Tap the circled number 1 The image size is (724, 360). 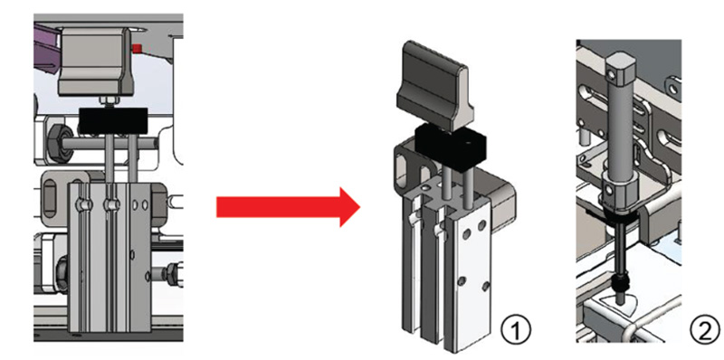pyautogui.click(x=516, y=330)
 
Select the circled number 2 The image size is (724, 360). pyautogui.click(x=705, y=330)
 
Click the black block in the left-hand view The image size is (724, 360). pyautogui.click(x=113, y=121)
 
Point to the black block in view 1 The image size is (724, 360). pyautogui.click(x=451, y=147)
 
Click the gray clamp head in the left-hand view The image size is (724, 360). pyautogui.click(x=96, y=61)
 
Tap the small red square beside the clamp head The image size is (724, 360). pyautogui.click(x=137, y=48)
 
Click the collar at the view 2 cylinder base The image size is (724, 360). pyautogui.click(x=620, y=193)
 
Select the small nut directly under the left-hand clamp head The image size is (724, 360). pyautogui.click(x=102, y=100)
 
